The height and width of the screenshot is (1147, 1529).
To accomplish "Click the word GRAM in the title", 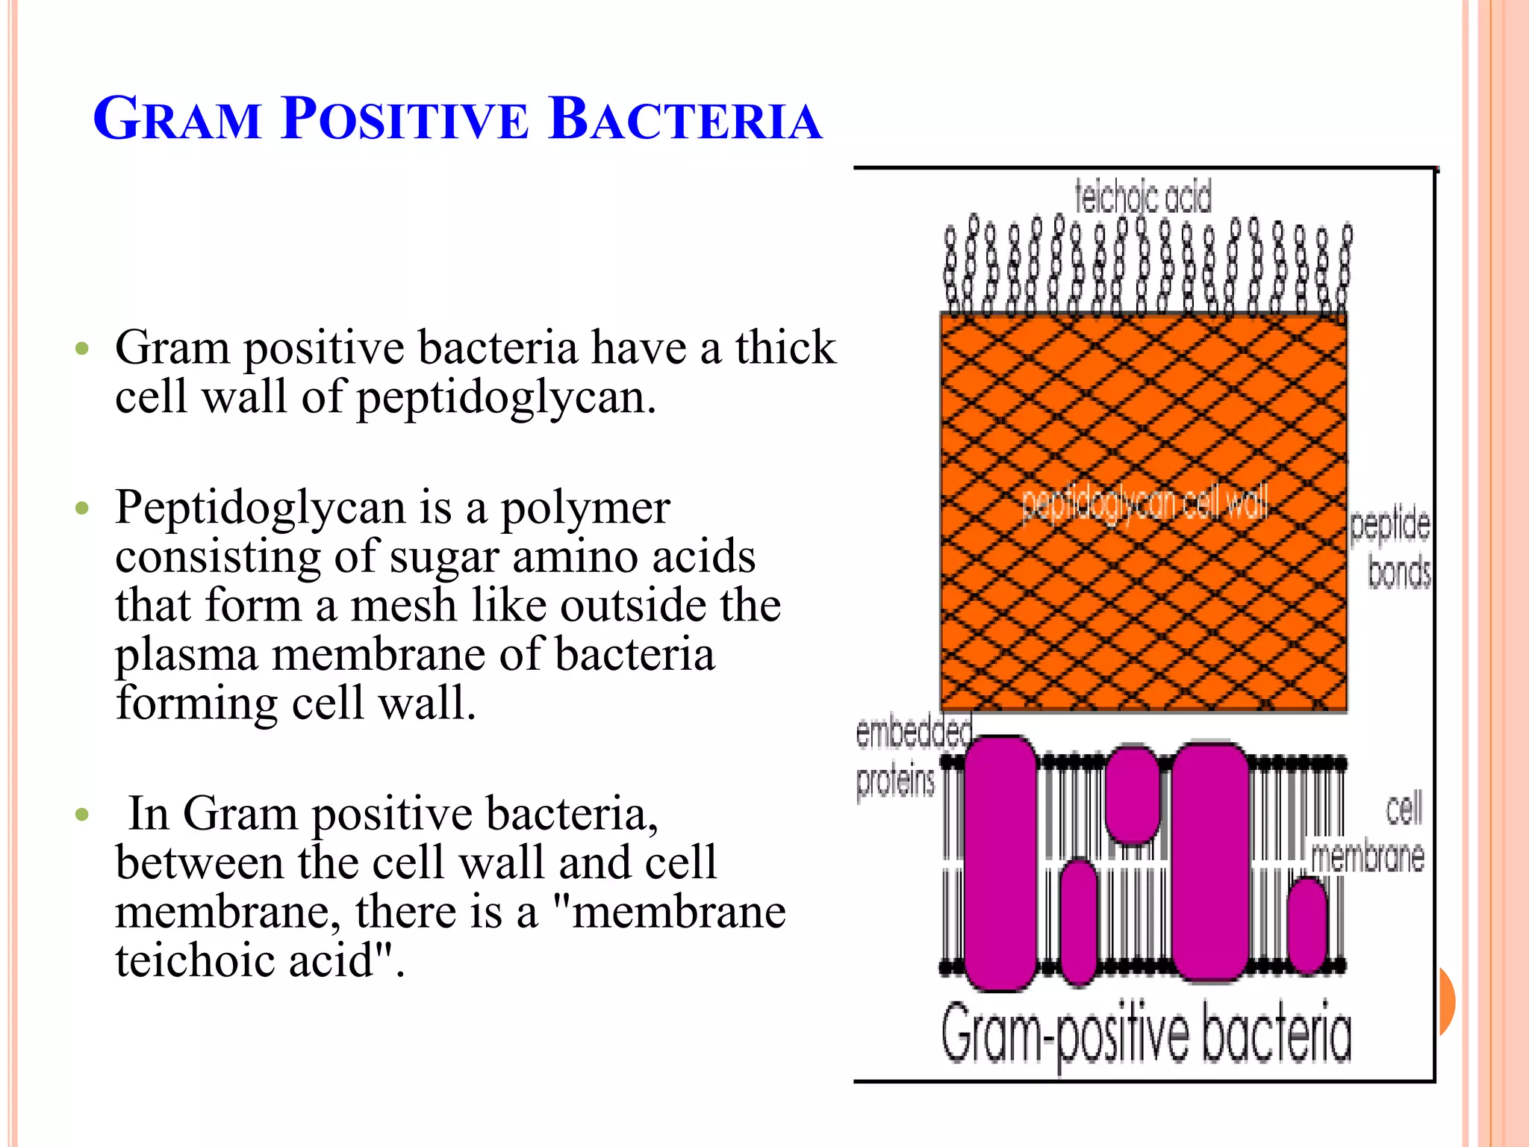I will (x=178, y=119).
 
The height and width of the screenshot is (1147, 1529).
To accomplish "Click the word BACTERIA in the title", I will (x=685, y=119).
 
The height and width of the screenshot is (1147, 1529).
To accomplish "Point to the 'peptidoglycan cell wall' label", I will (x=1144, y=503).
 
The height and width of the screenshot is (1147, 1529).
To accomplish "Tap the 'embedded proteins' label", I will (x=903, y=756).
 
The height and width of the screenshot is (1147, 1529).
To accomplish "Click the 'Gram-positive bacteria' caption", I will (x=1146, y=1034).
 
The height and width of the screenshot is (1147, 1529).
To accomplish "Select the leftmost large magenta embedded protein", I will (x=1000, y=862).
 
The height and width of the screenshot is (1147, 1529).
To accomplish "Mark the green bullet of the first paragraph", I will (x=82, y=348).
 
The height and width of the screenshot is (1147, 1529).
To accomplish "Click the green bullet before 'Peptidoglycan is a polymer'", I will (x=82, y=509).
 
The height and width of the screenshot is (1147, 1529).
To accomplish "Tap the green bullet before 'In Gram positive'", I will (x=82, y=813).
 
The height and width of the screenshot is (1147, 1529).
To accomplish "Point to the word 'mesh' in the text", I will (x=402, y=605).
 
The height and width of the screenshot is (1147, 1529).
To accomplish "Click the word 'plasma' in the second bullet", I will (x=187, y=656).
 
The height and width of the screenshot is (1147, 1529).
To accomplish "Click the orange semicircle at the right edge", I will (x=1447, y=1001).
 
